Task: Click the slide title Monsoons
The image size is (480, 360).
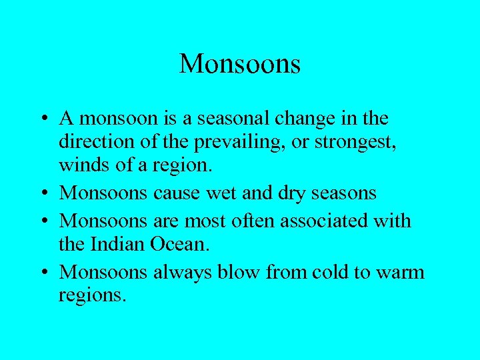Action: [x=240, y=64]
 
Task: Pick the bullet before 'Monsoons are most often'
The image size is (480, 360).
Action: [x=42, y=221]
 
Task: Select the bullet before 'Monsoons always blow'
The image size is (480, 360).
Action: [x=42, y=271]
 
